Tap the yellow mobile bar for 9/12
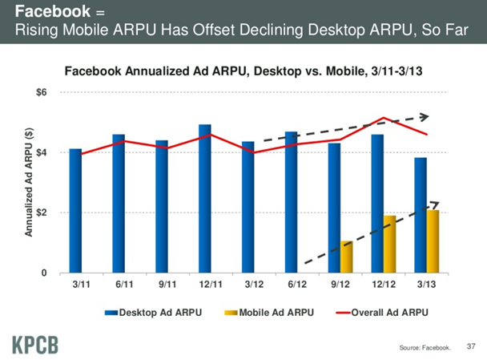346,257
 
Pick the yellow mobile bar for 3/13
433,241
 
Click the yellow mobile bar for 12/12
390,244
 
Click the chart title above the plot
243,72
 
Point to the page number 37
470,346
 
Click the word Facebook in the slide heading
49,12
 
